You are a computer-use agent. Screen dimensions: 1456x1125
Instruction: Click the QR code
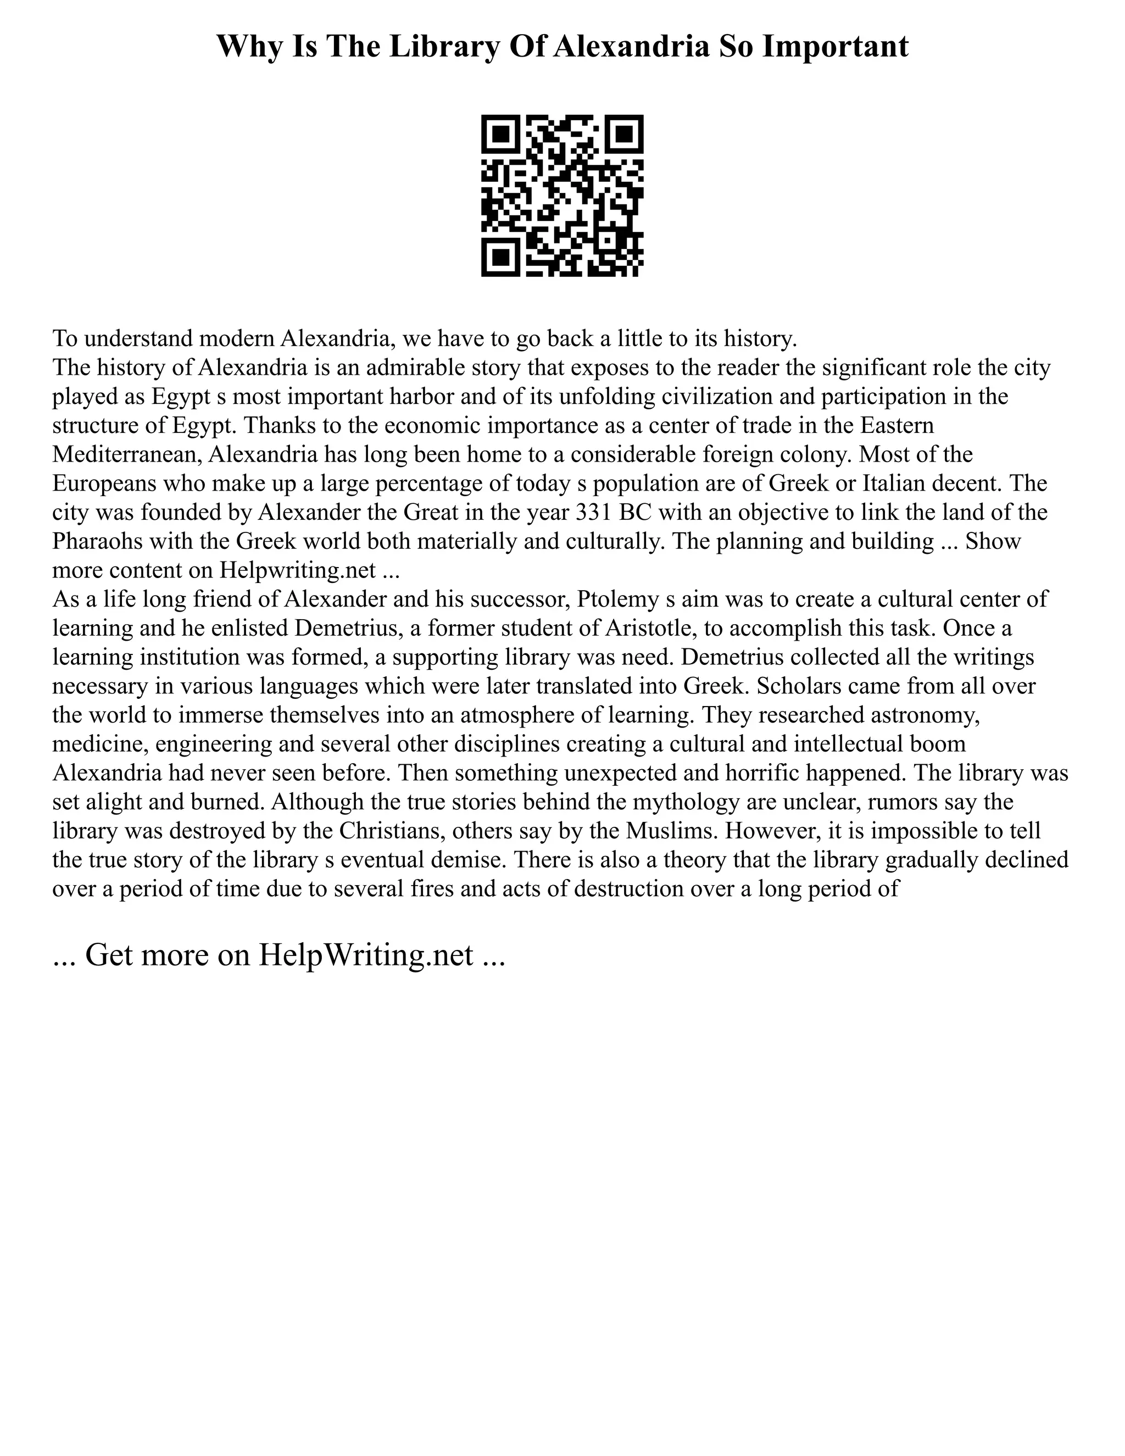(562, 196)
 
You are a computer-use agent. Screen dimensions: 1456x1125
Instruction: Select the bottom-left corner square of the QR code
(500, 257)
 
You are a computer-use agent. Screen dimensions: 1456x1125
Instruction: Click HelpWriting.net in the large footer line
(365, 955)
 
